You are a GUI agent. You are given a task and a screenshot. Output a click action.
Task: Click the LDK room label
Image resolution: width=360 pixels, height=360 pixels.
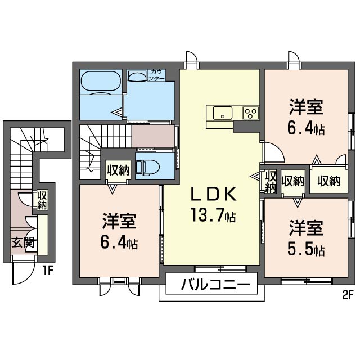[214, 194]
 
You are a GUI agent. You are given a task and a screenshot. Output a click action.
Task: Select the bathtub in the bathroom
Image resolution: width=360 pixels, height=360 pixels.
[101, 81]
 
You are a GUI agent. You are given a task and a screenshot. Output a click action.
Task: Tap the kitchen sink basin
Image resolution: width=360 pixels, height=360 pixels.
[223, 112]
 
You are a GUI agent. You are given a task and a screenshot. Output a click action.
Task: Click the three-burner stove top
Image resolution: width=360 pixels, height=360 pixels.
[251, 112]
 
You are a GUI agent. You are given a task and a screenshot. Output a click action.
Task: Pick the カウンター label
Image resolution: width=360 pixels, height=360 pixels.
[157, 75]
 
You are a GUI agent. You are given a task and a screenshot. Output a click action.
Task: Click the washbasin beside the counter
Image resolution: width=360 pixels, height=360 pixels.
[137, 75]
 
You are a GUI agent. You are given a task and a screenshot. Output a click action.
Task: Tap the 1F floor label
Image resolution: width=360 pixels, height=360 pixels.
[48, 271]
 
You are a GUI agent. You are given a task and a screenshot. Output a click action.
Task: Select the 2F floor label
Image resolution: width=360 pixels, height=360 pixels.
[347, 295]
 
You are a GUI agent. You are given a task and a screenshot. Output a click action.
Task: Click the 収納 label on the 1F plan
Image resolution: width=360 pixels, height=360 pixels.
[42, 200]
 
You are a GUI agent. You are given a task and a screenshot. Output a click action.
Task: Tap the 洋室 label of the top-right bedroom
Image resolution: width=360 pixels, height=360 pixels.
[306, 107]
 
